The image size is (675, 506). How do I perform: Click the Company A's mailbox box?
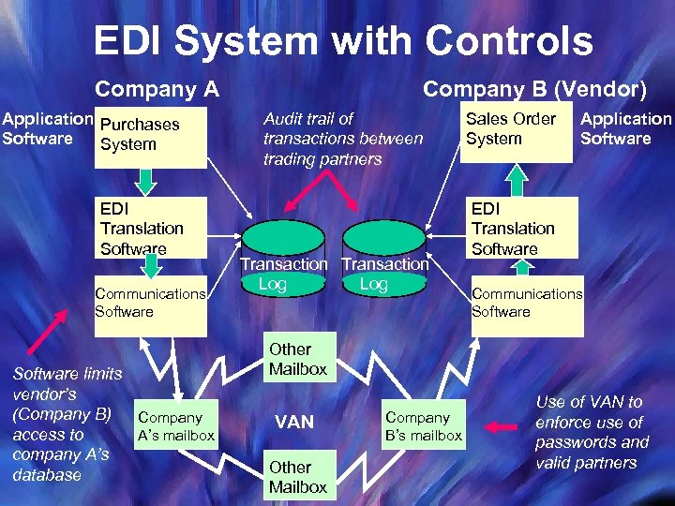click(x=175, y=425)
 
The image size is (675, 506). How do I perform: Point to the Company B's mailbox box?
click(x=424, y=425)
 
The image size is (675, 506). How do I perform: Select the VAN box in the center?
click(x=294, y=423)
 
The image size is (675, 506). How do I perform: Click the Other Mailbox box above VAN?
click(x=297, y=359)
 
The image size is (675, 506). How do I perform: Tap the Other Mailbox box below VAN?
click(x=297, y=476)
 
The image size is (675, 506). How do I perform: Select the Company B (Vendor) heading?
click(x=534, y=90)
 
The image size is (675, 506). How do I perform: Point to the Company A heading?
click(x=157, y=90)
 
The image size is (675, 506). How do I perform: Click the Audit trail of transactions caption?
click(x=343, y=139)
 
